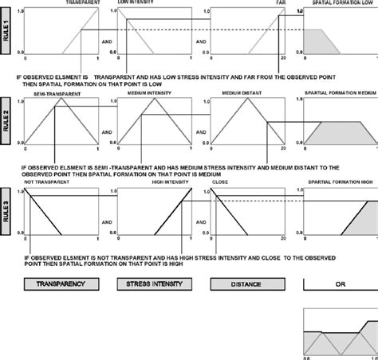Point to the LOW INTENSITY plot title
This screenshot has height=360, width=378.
coord(136,3)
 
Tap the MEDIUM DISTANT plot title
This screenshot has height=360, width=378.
coord(239,94)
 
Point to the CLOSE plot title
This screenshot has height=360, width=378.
coord(221,184)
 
